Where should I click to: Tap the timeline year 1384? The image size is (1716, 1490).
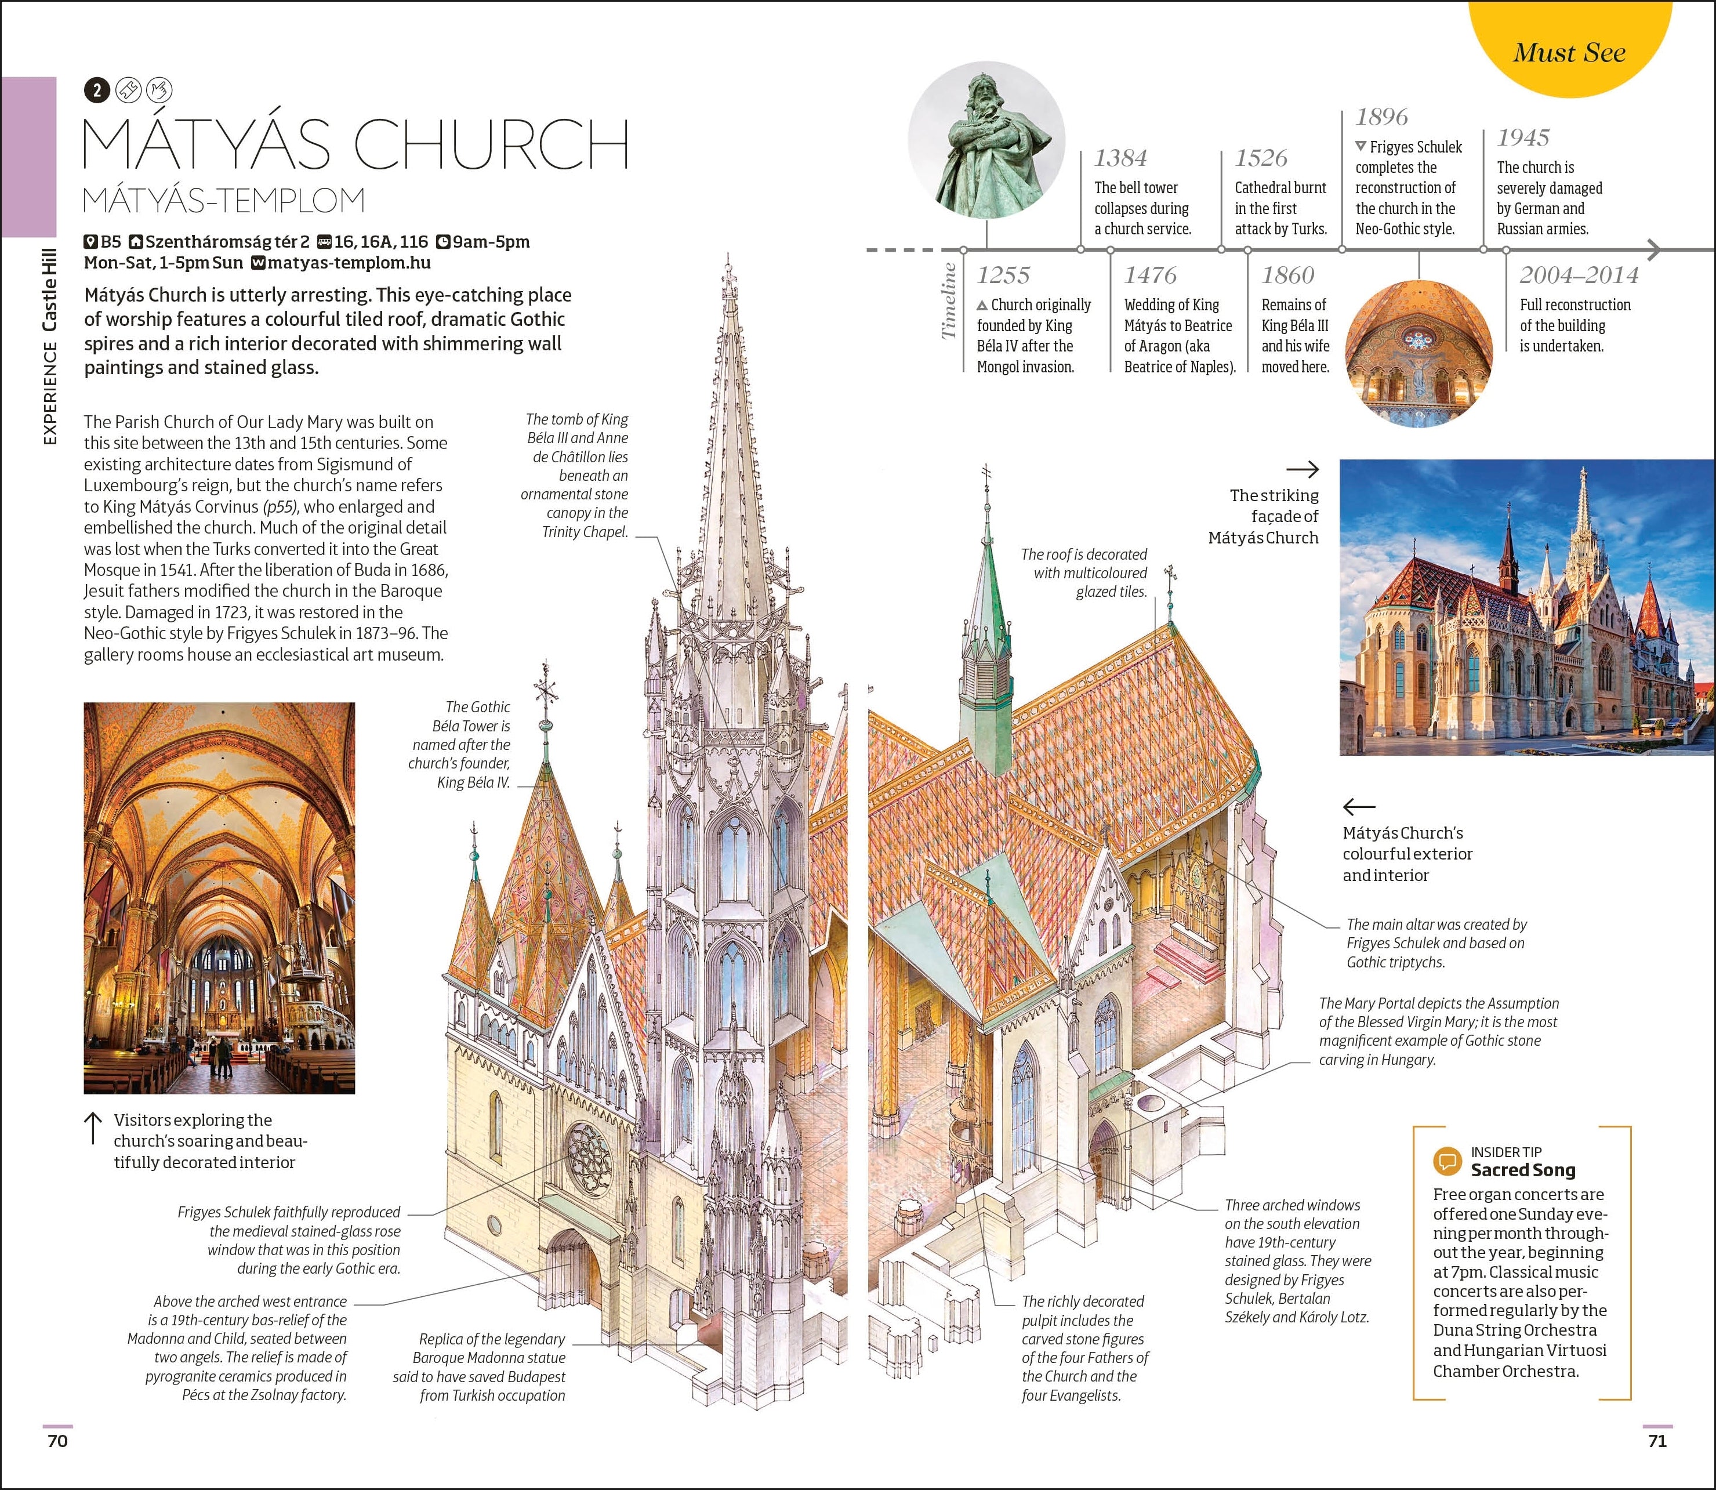point(1120,158)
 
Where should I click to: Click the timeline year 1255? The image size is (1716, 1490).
point(1003,275)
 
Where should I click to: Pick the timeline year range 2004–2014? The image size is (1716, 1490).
point(1578,275)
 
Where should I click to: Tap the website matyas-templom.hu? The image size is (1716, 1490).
point(349,263)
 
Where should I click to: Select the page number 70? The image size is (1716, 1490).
point(57,1441)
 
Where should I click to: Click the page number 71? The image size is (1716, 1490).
point(1657,1441)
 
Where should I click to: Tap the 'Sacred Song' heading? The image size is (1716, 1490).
point(1522,1170)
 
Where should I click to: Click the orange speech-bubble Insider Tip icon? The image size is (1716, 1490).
point(1447,1161)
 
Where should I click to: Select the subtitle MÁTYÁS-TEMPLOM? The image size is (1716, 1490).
point(224,200)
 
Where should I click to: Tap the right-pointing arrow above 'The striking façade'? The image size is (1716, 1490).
point(1302,470)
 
